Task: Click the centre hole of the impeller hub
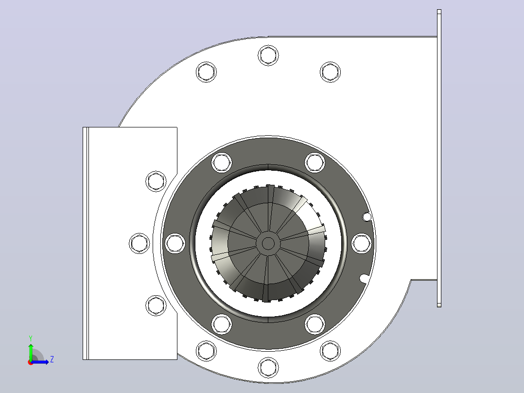click(x=268, y=244)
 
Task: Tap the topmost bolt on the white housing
click(x=268, y=55)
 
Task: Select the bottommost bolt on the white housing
click(x=268, y=368)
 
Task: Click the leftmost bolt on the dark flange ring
click(x=175, y=243)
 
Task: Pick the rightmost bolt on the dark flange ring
click(x=362, y=243)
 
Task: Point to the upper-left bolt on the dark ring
click(x=221, y=162)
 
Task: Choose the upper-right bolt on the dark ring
click(x=315, y=162)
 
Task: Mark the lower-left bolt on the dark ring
click(x=221, y=324)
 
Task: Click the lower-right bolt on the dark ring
click(x=315, y=324)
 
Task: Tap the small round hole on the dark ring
click(x=367, y=217)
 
